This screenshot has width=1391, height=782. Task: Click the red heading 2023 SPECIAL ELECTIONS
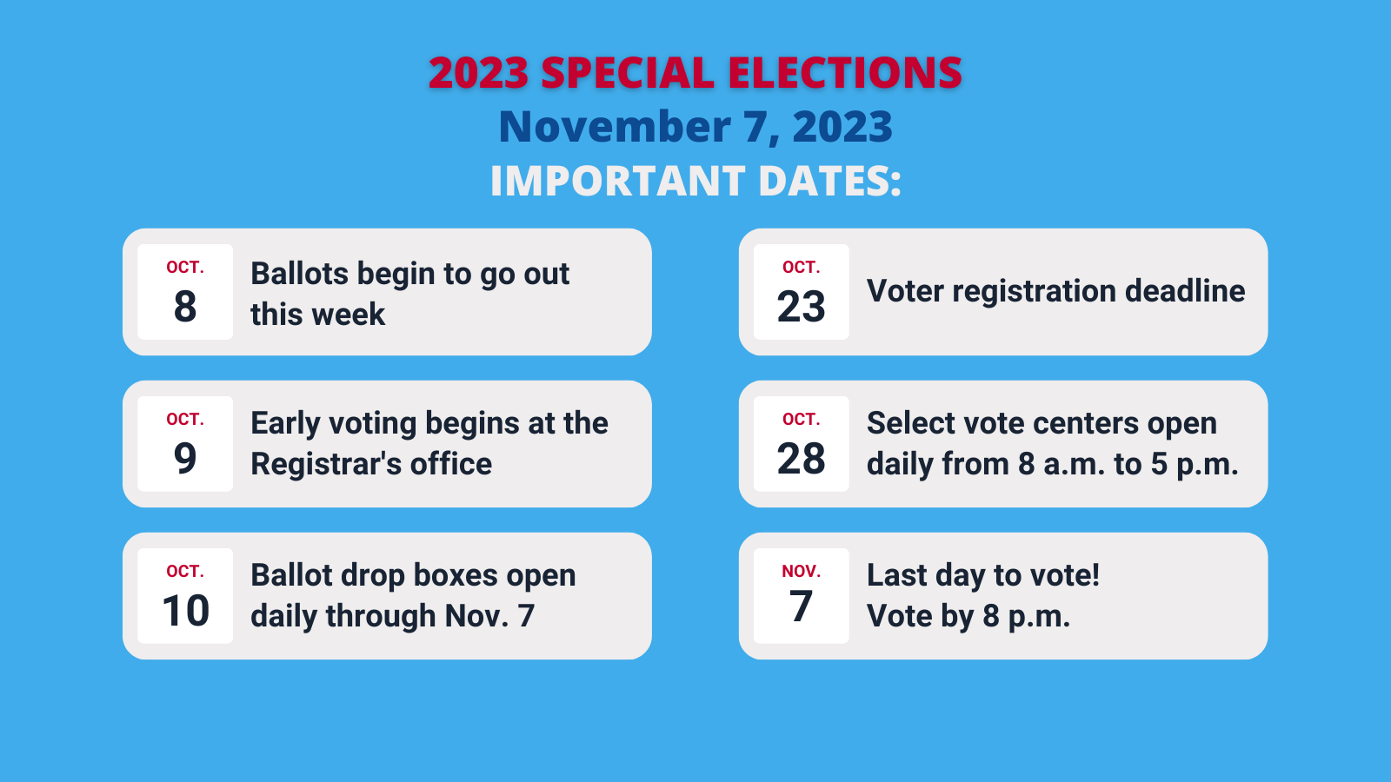695,73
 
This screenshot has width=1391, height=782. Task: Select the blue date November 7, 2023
695,127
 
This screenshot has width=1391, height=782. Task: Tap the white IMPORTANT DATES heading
695,182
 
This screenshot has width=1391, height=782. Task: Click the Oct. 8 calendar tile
185,292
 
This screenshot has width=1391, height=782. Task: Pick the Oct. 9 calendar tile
185,444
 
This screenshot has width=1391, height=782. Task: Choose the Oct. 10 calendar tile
185,596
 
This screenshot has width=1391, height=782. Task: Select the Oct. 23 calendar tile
801,292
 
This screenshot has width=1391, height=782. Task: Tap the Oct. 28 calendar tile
801,444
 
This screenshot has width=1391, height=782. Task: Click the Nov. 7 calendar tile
801,596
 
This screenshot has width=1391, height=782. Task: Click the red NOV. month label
801,572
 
